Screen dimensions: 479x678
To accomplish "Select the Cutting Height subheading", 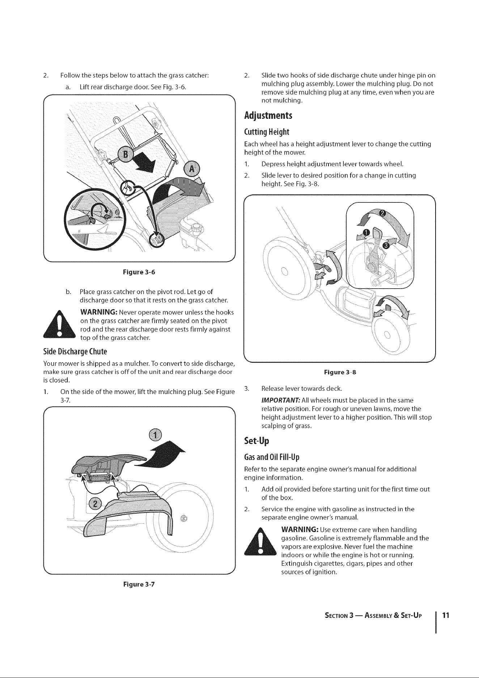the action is tap(267, 131).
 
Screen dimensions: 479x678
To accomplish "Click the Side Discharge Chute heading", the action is tap(75, 351).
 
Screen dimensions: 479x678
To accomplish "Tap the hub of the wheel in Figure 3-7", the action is tap(184, 518).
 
